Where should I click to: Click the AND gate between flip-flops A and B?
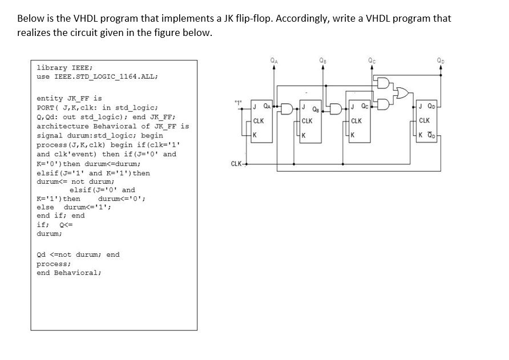tap(288, 106)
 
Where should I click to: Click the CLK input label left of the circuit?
tap(236, 164)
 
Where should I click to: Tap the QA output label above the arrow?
tap(274, 57)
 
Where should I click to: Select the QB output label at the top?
tap(324, 57)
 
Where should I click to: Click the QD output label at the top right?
tap(440, 57)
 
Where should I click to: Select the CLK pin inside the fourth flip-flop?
tap(425, 120)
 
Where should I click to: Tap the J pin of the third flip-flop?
tap(353, 106)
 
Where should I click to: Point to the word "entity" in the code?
tap(48, 99)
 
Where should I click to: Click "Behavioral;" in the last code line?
tap(78, 273)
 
